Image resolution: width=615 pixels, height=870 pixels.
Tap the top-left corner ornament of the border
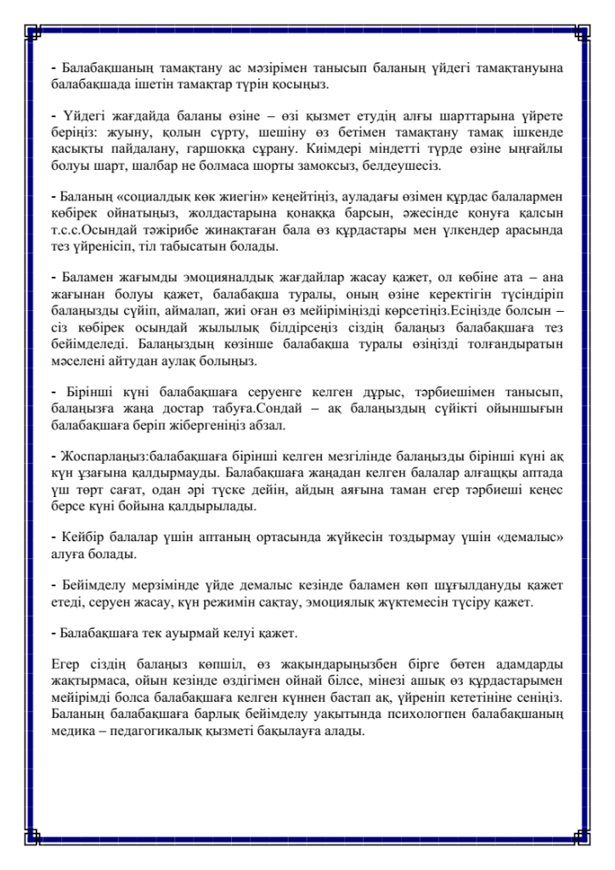33,32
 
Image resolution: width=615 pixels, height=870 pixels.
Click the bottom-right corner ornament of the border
582,836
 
